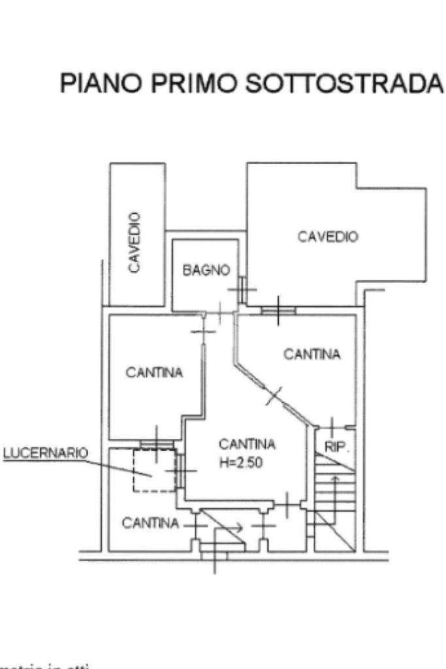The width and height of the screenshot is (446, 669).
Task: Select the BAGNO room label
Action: pyautogui.click(x=206, y=270)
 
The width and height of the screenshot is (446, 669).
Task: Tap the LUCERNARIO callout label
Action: pyautogui.click(x=46, y=453)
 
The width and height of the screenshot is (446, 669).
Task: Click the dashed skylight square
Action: pyautogui.click(x=153, y=470)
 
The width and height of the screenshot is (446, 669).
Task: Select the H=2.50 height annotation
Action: pyautogui.click(x=247, y=461)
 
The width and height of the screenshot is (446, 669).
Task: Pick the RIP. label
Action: pyautogui.click(x=334, y=449)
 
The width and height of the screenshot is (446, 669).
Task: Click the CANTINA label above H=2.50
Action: pyautogui.click(x=247, y=445)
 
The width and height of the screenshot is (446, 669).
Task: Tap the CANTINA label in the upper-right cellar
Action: pyautogui.click(x=312, y=354)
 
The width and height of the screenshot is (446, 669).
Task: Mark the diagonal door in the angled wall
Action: pyautogui.click(x=275, y=395)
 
